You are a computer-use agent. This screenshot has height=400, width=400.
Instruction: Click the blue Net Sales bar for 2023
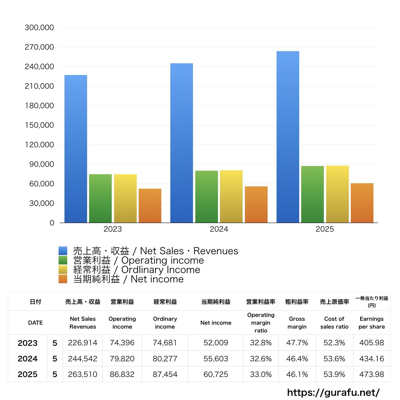(x=76, y=149)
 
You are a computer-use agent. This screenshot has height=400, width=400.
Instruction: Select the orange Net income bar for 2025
(x=362, y=203)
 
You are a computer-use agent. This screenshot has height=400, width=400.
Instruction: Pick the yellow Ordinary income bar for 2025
(x=337, y=194)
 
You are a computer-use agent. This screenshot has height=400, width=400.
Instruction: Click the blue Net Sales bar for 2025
(x=287, y=137)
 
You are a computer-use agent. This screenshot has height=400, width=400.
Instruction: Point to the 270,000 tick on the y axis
(x=39, y=47)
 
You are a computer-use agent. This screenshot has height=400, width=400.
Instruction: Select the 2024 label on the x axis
(x=219, y=229)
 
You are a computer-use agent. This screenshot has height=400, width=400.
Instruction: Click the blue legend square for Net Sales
(x=63, y=251)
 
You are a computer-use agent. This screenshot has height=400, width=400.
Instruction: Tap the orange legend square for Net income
(x=63, y=279)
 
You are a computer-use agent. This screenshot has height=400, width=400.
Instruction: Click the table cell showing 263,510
(x=82, y=374)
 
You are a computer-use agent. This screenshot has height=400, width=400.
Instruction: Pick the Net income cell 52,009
(x=216, y=343)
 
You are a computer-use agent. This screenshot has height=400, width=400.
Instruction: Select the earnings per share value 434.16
(x=371, y=359)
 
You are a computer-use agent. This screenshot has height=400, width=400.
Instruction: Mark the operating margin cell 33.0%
(x=261, y=374)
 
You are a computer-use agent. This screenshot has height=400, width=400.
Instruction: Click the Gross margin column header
(x=297, y=323)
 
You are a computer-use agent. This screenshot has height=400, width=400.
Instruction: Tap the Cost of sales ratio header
(x=334, y=323)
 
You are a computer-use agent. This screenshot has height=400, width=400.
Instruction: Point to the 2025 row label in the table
(x=28, y=374)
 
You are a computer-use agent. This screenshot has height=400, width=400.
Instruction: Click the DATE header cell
(x=35, y=323)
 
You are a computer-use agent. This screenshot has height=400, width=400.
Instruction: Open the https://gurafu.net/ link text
(x=333, y=392)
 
